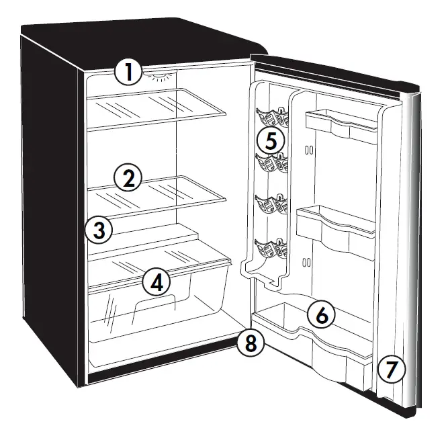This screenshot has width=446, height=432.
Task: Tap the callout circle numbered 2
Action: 128,178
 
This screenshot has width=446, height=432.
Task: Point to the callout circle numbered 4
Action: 156,283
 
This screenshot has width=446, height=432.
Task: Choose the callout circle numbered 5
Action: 271,141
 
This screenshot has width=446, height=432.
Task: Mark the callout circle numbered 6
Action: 322,314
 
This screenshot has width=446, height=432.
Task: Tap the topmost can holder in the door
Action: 273,118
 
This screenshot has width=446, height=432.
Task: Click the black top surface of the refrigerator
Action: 134,40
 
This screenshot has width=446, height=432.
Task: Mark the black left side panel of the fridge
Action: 50,202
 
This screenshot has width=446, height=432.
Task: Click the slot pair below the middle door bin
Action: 307,261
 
